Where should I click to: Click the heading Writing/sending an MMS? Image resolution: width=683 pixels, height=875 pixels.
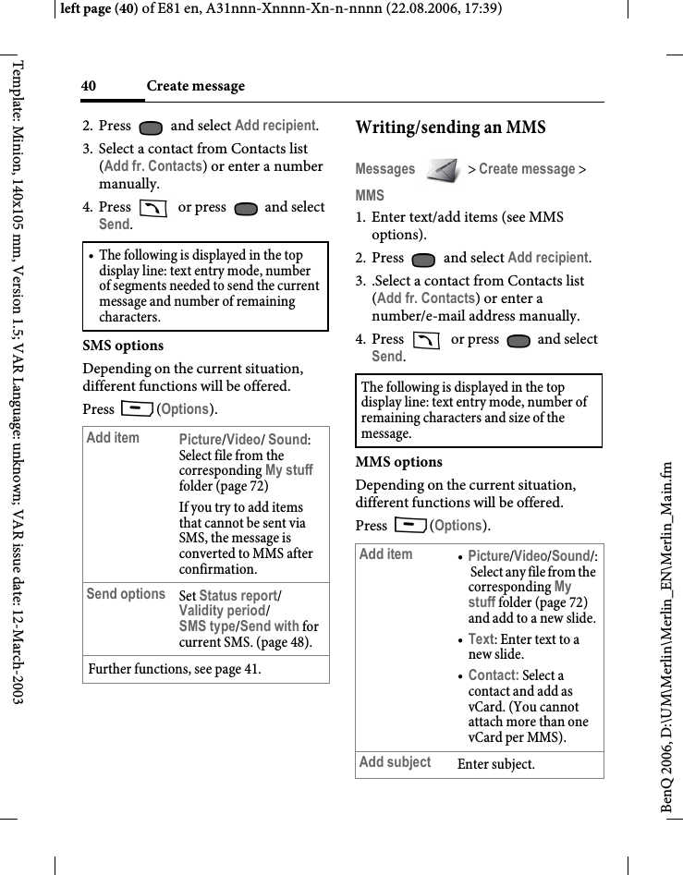click(450, 128)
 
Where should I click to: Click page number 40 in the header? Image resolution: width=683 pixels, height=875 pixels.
click(89, 86)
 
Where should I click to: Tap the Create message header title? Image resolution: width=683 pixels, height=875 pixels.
click(196, 86)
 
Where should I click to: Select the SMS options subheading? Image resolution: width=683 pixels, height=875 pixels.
click(123, 346)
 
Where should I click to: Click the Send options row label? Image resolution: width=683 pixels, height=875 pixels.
click(126, 594)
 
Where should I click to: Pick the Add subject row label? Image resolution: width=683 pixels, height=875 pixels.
click(395, 762)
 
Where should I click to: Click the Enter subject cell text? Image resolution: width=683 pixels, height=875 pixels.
click(495, 764)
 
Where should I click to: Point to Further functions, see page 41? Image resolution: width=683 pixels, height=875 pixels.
click(174, 668)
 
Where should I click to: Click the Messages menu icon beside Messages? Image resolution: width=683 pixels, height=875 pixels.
click(444, 169)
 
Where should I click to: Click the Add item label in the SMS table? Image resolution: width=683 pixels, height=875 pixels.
click(113, 437)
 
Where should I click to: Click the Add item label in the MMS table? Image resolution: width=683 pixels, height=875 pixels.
click(385, 553)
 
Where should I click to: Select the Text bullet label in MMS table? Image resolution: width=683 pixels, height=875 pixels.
click(481, 638)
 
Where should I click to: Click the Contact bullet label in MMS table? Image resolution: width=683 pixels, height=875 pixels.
click(492, 675)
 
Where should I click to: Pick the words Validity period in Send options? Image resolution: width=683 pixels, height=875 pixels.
click(221, 611)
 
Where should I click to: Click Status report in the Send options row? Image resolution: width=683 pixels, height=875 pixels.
click(238, 596)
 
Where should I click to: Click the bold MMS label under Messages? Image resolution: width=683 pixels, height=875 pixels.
click(370, 196)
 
